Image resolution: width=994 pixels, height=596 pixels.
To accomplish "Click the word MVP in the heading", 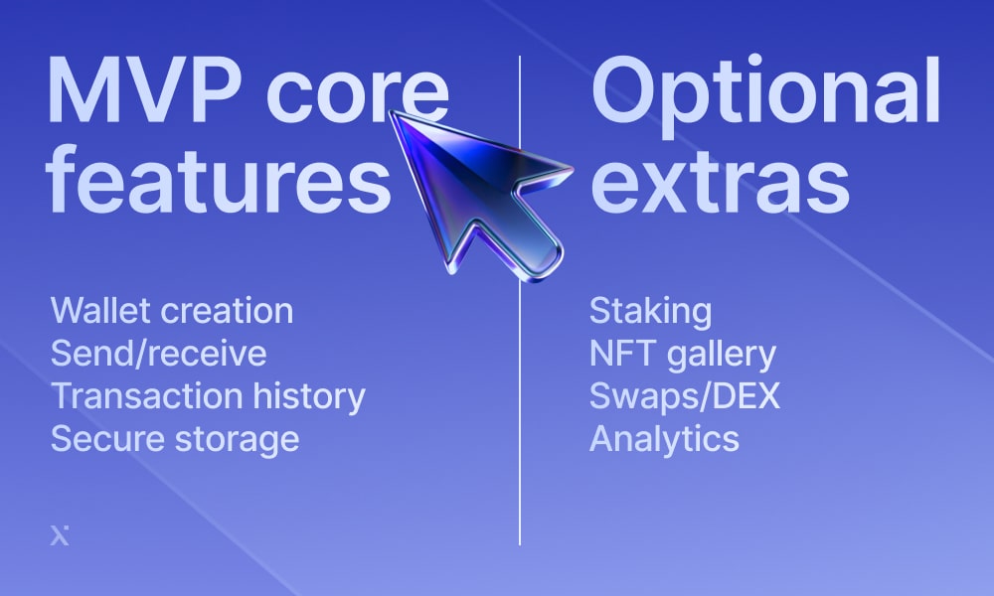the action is [142, 90].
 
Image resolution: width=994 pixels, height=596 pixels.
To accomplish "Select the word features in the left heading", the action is [218, 179].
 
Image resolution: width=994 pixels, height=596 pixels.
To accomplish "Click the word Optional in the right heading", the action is [765, 95].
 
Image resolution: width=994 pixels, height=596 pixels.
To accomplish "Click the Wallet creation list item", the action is [172, 310].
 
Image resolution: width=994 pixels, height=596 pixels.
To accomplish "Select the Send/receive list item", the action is [158, 354].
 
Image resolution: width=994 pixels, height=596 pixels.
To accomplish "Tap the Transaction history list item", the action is [208, 396].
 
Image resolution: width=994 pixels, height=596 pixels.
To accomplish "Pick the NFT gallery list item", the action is [683, 355].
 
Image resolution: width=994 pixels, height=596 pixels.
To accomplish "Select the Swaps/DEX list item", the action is [685, 396].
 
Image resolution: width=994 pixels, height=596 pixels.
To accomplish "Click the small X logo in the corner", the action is [60, 535].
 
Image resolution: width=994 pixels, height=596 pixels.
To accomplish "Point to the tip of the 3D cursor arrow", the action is [391, 112].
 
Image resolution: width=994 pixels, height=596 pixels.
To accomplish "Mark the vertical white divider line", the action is [520, 300].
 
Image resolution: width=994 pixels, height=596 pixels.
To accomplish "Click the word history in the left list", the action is [309, 396].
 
